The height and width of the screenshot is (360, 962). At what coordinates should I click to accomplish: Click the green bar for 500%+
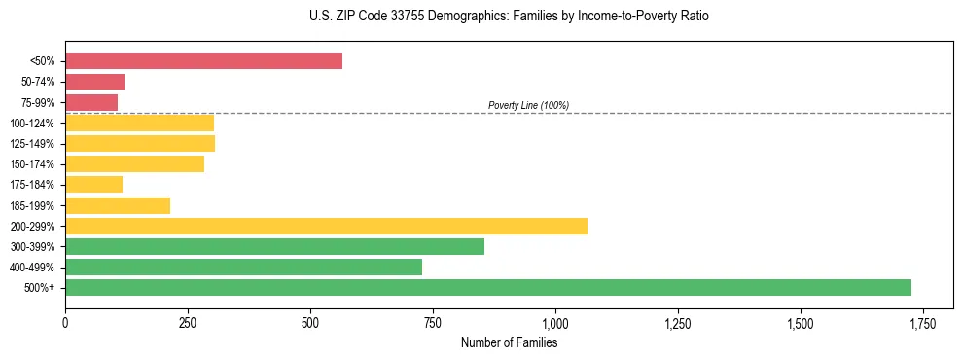click(487, 287)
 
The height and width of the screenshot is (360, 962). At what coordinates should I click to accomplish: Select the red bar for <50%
click(203, 61)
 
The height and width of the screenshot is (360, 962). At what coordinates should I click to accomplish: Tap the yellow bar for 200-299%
click(326, 226)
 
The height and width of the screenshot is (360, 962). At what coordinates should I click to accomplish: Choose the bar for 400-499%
click(243, 267)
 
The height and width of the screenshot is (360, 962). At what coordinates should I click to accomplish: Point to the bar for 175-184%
click(93, 185)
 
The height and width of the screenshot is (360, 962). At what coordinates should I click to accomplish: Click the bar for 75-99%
click(91, 102)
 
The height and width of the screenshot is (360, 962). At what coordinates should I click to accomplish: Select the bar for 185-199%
click(118, 205)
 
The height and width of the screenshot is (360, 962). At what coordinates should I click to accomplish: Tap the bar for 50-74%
click(94, 82)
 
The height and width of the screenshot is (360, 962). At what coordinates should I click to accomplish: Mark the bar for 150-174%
click(134, 163)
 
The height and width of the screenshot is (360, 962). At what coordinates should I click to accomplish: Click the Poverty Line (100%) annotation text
click(528, 105)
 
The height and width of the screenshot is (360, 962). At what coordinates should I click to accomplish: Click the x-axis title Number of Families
click(509, 342)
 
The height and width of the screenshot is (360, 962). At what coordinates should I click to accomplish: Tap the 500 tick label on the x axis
click(310, 323)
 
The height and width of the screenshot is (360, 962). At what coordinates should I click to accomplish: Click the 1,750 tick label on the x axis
click(922, 323)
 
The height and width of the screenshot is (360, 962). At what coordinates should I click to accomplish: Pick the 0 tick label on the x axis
click(65, 323)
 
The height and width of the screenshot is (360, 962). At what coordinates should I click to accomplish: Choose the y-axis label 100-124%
click(32, 124)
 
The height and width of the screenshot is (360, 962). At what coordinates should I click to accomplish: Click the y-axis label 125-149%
click(32, 144)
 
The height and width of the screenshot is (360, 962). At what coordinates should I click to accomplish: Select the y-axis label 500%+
click(40, 288)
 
